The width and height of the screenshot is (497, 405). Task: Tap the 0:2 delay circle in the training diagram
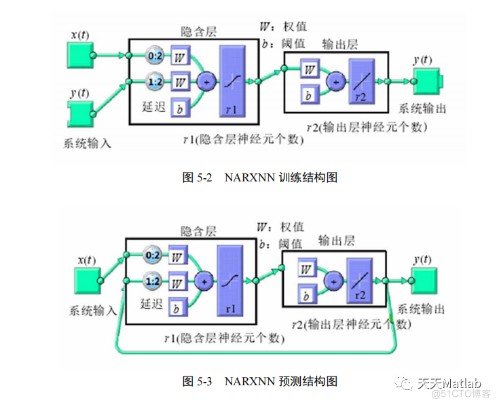click(154, 54)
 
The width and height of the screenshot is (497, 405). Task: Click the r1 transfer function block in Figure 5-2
click(232, 81)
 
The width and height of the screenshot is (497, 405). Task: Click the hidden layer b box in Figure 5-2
click(180, 107)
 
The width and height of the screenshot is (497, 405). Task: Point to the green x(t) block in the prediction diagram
click(86, 279)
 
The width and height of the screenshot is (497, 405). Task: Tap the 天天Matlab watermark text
click(448, 382)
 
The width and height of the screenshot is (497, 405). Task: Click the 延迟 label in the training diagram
click(153, 107)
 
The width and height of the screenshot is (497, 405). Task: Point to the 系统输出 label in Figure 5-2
click(422, 108)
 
